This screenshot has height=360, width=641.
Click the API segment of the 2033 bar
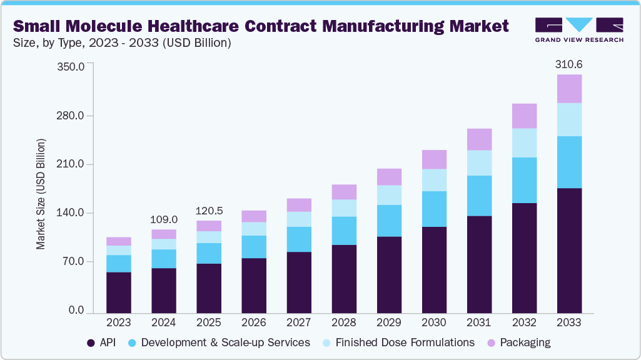pos(569,250)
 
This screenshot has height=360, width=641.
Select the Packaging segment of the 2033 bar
pos(569,89)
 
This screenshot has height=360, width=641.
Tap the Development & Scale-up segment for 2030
pos(434,209)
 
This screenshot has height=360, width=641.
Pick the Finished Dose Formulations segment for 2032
pos(524,142)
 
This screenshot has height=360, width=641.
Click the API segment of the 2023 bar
pos(119,292)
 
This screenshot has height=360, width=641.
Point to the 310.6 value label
pos(569,64)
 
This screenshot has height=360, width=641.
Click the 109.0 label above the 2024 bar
pos(164,220)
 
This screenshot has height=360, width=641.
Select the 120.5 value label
pos(209,211)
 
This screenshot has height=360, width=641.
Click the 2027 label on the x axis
pos(299,322)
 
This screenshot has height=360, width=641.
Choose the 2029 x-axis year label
pos(389,322)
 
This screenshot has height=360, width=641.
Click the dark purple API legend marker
pos(91,343)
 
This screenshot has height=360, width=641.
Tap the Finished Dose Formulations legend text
pos(405,342)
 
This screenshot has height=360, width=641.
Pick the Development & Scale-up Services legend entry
pos(226,342)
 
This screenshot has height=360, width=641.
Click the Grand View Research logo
pos(579,30)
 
